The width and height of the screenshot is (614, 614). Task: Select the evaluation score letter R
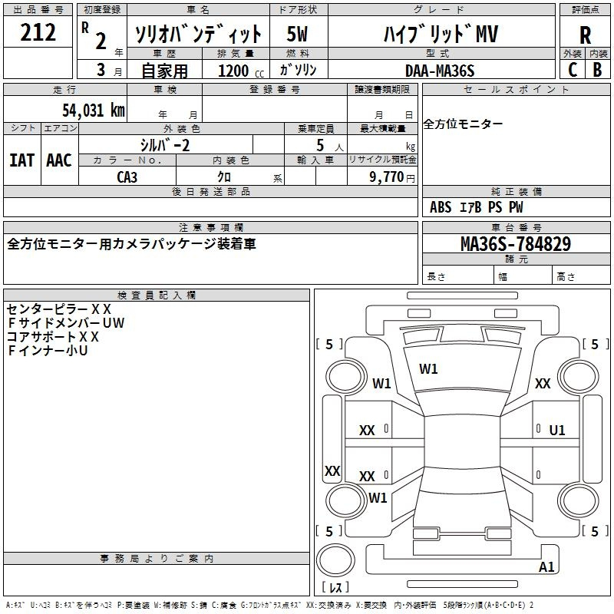[585, 35]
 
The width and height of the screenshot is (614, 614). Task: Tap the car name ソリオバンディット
[198, 34]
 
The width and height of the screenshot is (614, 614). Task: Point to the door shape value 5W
[297, 34]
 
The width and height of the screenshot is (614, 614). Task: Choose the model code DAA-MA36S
[440, 71]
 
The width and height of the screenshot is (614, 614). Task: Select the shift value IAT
[21, 160]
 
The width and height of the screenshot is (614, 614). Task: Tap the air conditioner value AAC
[58, 160]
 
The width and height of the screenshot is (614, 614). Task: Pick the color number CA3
[127, 177]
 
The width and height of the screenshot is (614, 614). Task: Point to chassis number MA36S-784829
[515, 244]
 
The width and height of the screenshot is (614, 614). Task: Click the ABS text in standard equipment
[441, 207]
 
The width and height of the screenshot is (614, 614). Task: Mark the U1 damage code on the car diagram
[556, 431]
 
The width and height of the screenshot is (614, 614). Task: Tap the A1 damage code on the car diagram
[546, 567]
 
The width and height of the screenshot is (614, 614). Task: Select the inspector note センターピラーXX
[59, 309]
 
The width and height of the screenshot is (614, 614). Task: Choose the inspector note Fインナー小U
[48, 351]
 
